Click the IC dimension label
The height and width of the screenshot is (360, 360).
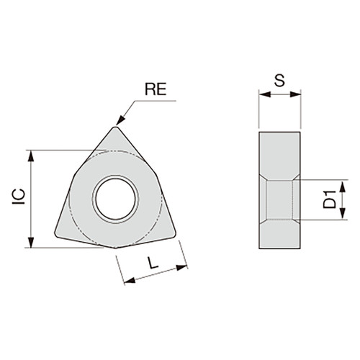pos(19,199)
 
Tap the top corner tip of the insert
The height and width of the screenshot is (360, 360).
pos(116,130)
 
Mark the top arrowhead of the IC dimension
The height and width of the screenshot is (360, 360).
pos(30,153)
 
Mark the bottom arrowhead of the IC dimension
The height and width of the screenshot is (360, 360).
pos(30,244)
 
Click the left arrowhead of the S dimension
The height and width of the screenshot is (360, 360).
pos(261,94)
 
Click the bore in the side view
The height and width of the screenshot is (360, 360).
pos(280,199)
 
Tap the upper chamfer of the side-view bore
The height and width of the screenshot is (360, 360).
pos(279,175)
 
